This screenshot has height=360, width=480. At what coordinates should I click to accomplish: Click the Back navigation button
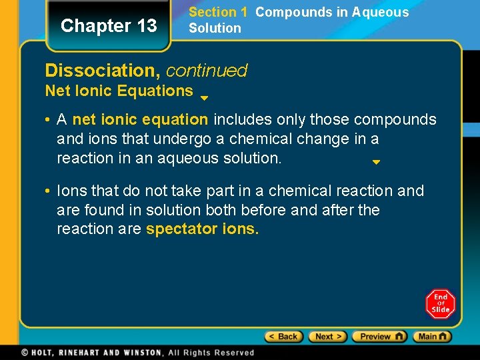pos(284,337)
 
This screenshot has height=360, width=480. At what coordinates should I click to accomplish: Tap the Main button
pos(432,337)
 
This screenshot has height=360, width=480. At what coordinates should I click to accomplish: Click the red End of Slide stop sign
pos(440,304)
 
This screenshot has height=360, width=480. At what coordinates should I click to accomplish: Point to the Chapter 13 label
pos(109,26)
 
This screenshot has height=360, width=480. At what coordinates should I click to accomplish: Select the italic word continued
pos(207,70)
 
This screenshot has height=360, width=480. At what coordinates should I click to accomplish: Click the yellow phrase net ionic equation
pos(140,120)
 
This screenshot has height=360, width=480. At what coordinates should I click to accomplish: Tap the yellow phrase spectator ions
pos(202,229)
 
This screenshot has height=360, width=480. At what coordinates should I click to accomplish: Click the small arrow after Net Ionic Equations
pos(205,98)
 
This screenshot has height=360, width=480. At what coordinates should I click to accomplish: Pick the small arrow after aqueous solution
pos(376,162)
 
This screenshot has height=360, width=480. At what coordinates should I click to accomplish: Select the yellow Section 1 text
pos(218,12)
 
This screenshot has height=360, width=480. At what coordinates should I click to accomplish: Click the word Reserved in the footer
pos(234,352)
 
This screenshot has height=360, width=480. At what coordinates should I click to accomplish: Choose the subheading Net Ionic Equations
pos(119,91)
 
